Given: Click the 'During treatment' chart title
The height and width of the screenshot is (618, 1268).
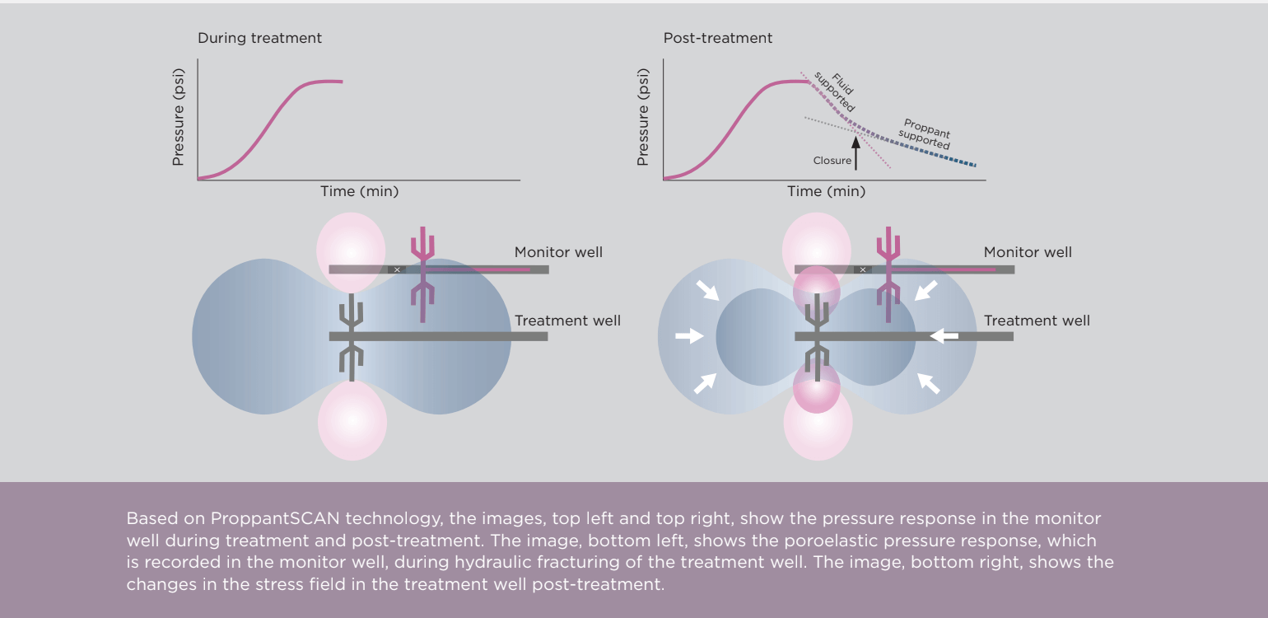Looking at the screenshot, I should (259, 38).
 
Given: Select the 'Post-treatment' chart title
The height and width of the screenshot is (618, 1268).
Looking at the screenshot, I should (718, 38).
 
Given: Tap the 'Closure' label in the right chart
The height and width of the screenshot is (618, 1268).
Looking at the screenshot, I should (832, 161).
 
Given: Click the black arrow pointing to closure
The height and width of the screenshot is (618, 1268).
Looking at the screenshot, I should (855, 153).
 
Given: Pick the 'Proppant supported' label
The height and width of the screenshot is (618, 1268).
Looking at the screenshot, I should (925, 133).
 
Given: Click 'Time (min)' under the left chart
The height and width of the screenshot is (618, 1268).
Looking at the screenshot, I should (359, 191).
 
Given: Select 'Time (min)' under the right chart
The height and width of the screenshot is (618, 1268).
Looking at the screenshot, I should (826, 191).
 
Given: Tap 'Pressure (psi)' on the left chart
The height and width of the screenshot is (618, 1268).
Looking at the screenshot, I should (178, 117).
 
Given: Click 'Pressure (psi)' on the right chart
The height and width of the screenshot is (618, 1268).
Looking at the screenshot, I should (644, 117).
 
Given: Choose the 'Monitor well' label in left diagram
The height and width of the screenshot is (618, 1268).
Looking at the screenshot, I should (558, 252).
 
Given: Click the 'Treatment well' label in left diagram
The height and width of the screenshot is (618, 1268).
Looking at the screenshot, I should (567, 321).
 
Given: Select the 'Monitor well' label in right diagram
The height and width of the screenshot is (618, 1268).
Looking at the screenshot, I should (1028, 252).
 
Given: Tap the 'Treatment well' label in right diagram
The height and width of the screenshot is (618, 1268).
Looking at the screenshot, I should (1037, 321).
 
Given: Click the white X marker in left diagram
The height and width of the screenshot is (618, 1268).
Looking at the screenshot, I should (397, 269).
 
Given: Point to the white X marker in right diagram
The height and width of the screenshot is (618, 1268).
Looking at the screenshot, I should (863, 269).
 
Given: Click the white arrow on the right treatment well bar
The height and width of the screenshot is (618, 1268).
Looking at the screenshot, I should (944, 336).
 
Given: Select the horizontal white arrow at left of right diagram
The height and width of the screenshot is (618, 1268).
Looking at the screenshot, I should (689, 336).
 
